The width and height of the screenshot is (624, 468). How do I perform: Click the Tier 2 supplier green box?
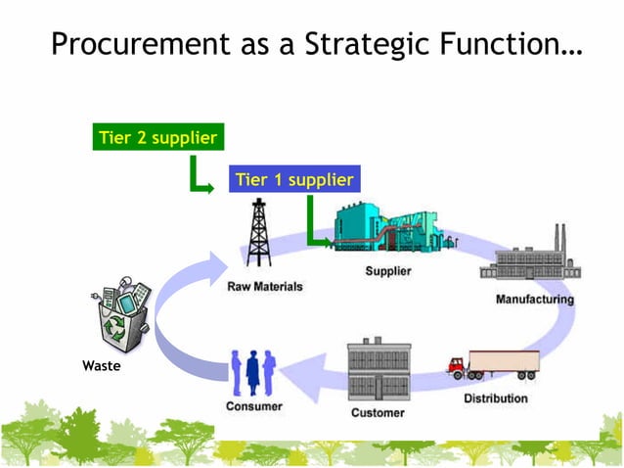click(x=157, y=138)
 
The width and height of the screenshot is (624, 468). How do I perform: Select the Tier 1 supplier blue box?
click(x=293, y=179)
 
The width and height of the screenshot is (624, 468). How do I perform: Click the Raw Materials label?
click(x=264, y=287)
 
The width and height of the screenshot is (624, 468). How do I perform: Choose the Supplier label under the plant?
click(x=388, y=271)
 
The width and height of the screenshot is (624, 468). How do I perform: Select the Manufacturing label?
click(x=534, y=299)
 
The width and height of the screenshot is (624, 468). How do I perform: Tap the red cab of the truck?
click(x=457, y=367)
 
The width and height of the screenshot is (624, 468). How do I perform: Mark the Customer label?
click(x=378, y=412)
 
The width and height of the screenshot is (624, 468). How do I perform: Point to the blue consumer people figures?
click(x=254, y=373)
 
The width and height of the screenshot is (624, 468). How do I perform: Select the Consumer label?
click(x=254, y=406)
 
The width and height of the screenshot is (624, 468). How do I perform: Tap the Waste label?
click(x=102, y=366)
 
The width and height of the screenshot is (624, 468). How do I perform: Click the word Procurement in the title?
click(x=139, y=45)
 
